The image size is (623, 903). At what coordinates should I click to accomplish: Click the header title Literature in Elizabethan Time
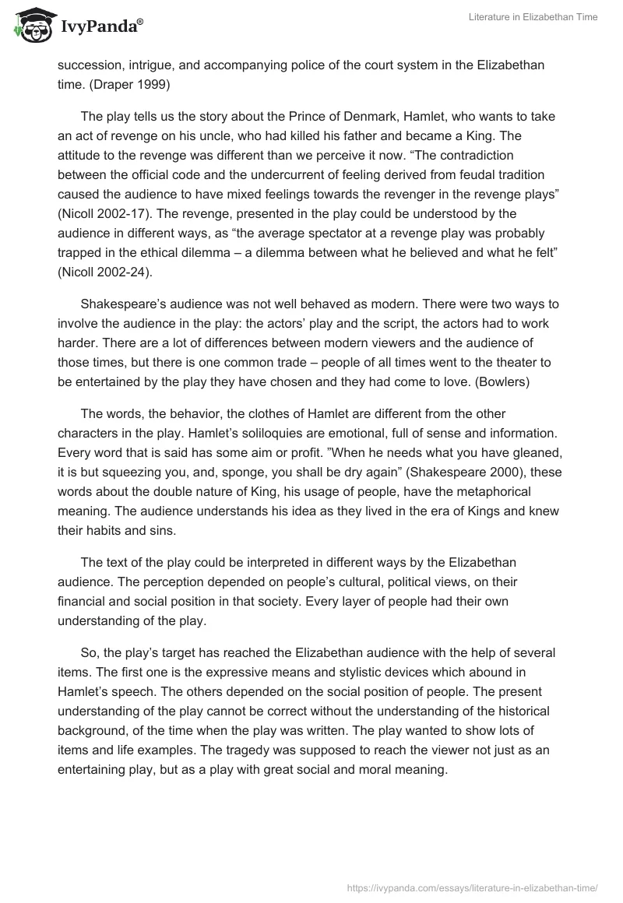pyautogui.click(x=533, y=17)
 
